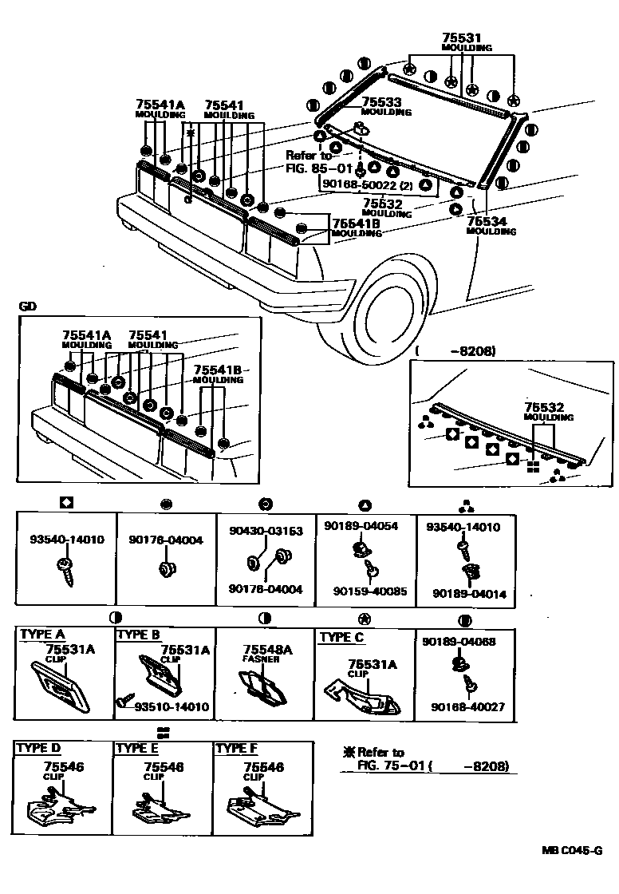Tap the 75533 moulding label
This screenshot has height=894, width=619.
[x=382, y=102]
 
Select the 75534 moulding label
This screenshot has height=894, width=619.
[x=487, y=221]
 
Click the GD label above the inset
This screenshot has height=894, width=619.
[x=26, y=307]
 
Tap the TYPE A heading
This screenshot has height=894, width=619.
[x=42, y=634]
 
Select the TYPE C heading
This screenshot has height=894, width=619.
[x=341, y=638]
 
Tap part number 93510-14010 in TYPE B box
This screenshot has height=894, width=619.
[x=171, y=706]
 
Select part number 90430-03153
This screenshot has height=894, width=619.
[x=266, y=531]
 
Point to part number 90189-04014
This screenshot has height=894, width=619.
[x=469, y=594]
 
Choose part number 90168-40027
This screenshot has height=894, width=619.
[x=469, y=706]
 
